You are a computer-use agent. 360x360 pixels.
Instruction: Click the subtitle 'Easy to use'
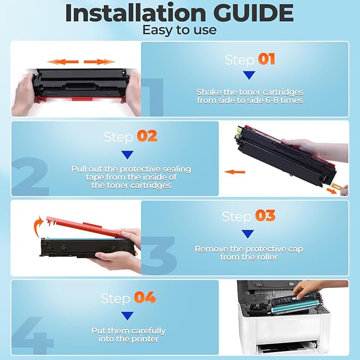pos(179,30)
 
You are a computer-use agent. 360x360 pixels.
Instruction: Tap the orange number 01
pos(267,59)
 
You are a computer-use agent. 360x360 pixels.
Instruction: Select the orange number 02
pos(147,136)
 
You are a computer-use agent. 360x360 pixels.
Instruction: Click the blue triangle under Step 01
pos(249,75)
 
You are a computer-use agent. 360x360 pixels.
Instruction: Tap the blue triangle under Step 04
pos(127,316)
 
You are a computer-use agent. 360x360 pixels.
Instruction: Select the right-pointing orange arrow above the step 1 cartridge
pos(100,62)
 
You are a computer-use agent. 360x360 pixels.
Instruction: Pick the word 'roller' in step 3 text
pos(266,257)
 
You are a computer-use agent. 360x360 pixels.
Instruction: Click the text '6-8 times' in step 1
pos(285,100)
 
